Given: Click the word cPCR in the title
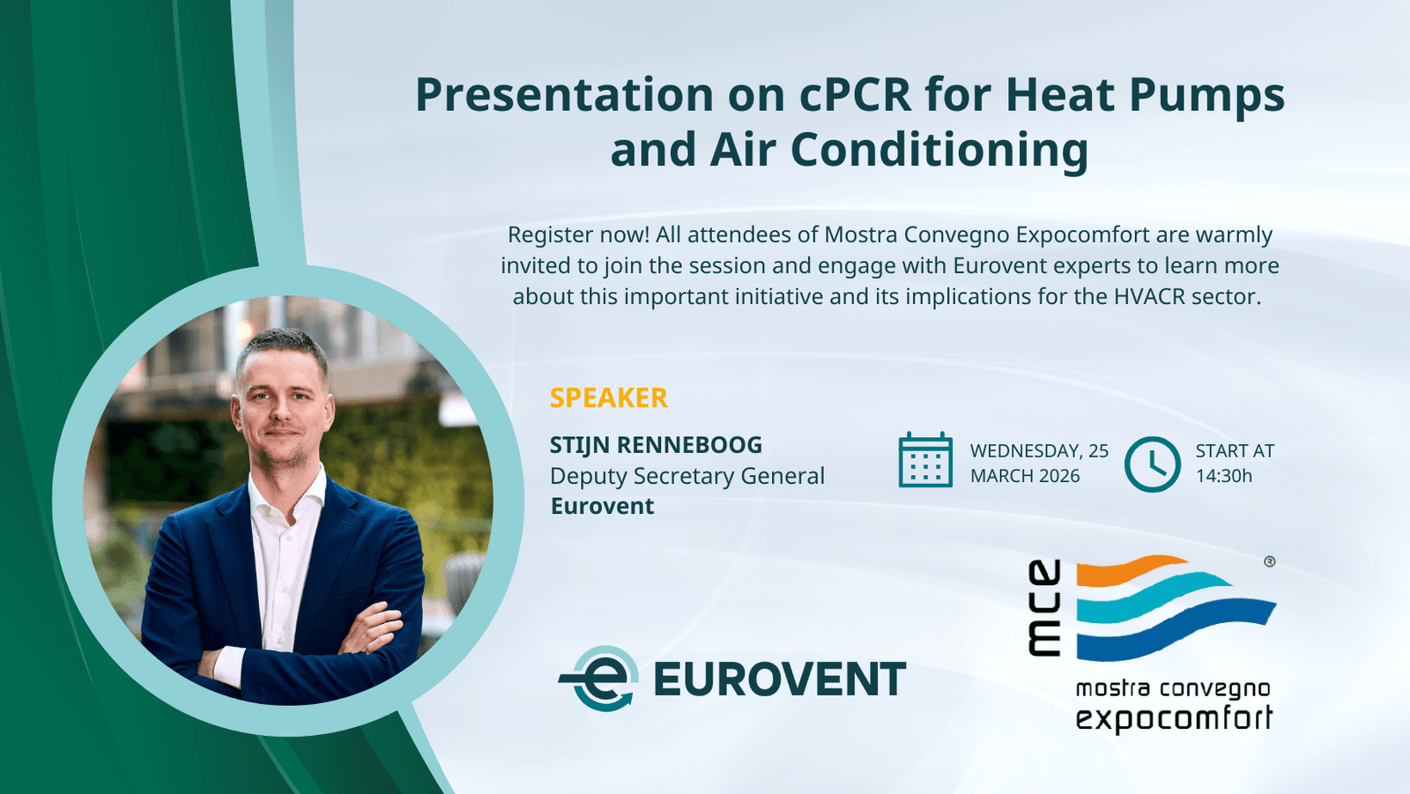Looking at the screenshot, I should pos(855,95).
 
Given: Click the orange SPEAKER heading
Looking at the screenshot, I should pos(608,397).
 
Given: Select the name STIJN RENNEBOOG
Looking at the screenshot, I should pos(656,445).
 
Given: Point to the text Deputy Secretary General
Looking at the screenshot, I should pos(686,476).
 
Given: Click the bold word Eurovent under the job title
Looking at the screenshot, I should pos(602,506).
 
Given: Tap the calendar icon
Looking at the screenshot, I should pos(925,461).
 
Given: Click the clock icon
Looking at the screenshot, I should pos(1152,464).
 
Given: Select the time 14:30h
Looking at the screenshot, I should pos(1223,476).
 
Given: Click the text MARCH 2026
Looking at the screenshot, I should pos(1024,476).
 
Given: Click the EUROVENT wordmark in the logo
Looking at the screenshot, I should pos(779,679).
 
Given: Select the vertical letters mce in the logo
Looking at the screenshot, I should pos(1045,608).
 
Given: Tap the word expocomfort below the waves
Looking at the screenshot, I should pos(1174,717).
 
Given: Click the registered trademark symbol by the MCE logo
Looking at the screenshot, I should pos(1269,561).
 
